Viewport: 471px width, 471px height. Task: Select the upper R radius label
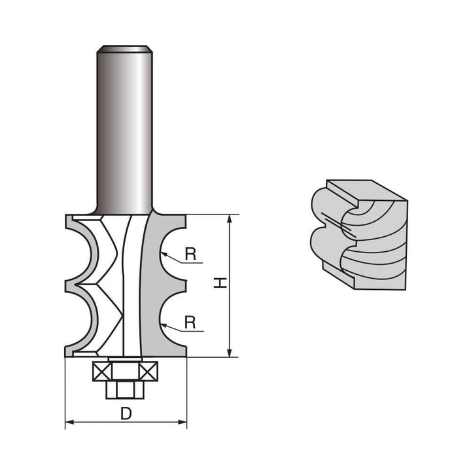click(190, 254)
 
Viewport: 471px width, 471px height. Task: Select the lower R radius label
click(190, 322)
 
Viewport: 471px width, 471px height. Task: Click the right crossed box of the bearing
click(147, 372)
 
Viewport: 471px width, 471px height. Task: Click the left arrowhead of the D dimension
click(69, 423)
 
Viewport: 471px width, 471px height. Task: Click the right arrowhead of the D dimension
click(183, 423)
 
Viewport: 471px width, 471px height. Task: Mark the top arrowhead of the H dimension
click(230, 218)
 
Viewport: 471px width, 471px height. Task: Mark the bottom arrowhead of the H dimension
click(230, 353)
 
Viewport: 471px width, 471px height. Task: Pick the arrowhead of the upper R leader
click(162, 252)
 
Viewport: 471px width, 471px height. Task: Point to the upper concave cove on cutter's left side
click(83, 252)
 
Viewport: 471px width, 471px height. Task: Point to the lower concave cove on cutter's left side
click(83, 321)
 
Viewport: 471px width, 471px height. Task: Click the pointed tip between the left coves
click(67, 285)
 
